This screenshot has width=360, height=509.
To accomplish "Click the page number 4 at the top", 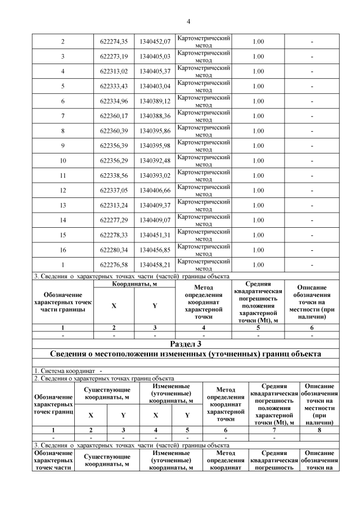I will click(188, 21).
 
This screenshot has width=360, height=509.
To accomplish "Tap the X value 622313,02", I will click(114, 71).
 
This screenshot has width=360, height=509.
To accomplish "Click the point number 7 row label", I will click(62, 116).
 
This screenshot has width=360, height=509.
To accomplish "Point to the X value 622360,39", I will click(114, 131).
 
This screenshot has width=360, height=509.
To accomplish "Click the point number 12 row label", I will click(62, 190).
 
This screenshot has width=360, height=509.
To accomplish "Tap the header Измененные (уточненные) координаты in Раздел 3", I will click(171, 394).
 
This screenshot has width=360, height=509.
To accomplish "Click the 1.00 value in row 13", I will click(258, 205).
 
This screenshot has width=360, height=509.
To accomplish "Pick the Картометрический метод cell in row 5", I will click(203, 86).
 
